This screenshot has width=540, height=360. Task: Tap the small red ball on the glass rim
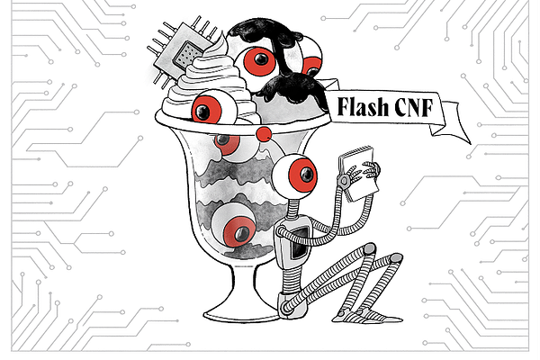(263, 133)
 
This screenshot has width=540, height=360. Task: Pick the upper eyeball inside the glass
(227, 142)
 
